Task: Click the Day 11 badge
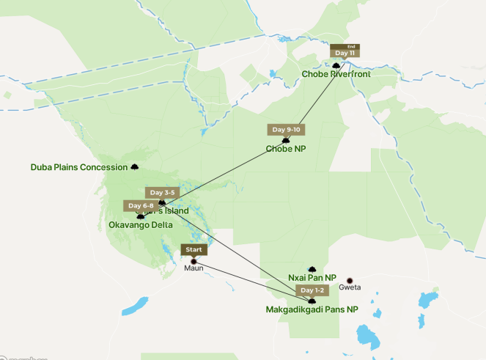[x=345, y=53]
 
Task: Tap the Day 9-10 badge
[x=287, y=130]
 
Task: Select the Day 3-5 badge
[x=161, y=192]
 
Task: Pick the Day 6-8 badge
[x=139, y=206]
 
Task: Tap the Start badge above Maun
[x=194, y=250]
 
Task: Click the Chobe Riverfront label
[x=336, y=74]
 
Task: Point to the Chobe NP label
[x=286, y=150]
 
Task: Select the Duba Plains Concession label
[x=79, y=167]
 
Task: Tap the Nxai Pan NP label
[x=312, y=278]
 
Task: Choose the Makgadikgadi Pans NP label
[x=312, y=310]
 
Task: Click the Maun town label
[x=194, y=269]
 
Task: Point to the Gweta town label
[x=350, y=288]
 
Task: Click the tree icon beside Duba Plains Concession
[x=134, y=167]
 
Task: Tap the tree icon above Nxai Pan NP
[x=312, y=269]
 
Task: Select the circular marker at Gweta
[x=350, y=279]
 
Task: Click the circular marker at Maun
[x=194, y=260]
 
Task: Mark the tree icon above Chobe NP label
[x=286, y=140]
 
